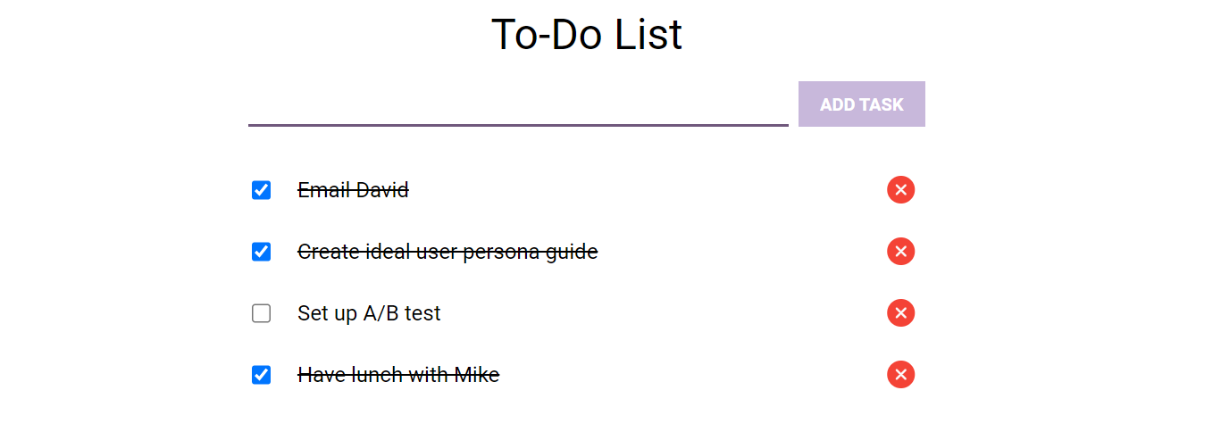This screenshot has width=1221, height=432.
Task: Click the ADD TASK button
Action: click(861, 104)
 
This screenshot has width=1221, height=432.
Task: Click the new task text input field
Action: click(518, 106)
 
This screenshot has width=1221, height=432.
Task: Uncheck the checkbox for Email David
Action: click(261, 190)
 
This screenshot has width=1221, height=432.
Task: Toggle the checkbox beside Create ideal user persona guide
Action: click(261, 252)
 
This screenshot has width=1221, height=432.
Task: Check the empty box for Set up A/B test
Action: click(261, 313)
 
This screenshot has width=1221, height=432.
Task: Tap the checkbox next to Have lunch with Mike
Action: click(261, 375)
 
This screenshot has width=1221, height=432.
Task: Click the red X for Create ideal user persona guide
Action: click(900, 251)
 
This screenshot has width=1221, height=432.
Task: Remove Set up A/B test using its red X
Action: click(900, 312)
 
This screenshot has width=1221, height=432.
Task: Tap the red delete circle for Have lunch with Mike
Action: click(900, 374)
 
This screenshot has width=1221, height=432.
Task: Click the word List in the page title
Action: click(648, 34)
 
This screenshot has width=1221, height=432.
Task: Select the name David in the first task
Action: click(382, 190)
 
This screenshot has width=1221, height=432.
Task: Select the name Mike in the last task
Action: click(476, 375)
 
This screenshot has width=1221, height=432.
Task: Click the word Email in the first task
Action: click(323, 190)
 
